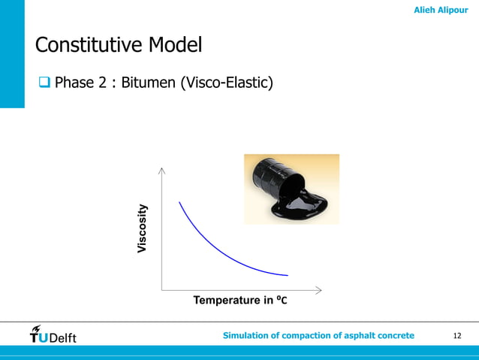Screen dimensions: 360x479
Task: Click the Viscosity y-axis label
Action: [143, 228]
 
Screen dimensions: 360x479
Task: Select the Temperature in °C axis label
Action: [240, 301]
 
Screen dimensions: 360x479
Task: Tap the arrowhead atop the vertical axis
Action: [161, 171]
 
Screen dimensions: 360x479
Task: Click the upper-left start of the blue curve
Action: [179, 202]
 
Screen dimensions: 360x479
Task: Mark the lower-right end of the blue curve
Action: [288, 275]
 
